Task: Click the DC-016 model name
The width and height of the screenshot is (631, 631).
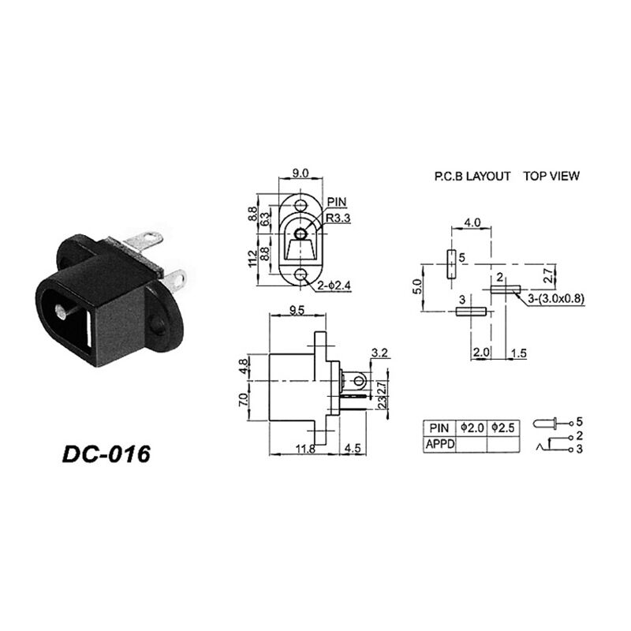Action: [x=106, y=454]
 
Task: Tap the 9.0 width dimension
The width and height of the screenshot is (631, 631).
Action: [x=301, y=173]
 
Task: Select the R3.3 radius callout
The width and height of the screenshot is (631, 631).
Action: [x=338, y=218]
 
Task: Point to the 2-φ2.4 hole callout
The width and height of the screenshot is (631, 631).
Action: [x=334, y=286]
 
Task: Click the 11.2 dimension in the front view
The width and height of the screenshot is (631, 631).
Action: [x=252, y=259]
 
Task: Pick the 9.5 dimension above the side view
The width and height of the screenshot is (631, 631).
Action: [x=297, y=310]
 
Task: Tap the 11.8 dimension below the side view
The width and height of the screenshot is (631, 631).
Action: [x=305, y=449]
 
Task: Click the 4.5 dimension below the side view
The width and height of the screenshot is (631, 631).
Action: [x=353, y=448]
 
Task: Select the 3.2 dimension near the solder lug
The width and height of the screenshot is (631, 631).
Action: [x=379, y=353]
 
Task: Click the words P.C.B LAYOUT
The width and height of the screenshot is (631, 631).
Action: [x=472, y=176]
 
